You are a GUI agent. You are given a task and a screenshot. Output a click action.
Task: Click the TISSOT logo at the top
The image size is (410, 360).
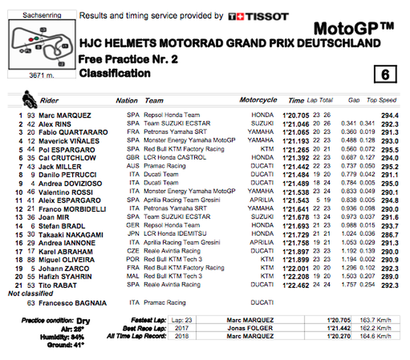click(258, 16)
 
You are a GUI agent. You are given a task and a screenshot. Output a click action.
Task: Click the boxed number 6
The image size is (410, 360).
click(384, 74)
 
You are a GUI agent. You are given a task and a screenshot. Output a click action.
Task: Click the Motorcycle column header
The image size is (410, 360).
click(258, 100)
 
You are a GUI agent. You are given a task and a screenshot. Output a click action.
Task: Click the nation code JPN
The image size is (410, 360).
click(133, 234)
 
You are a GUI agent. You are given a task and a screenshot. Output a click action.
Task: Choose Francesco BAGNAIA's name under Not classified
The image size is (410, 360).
click(67, 303)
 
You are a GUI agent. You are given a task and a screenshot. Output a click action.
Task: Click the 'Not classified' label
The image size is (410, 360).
click(30, 293)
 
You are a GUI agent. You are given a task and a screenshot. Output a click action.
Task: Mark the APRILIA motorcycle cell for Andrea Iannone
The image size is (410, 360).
click(261, 242)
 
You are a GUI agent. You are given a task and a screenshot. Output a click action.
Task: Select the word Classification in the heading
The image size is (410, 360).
click(114, 74)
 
